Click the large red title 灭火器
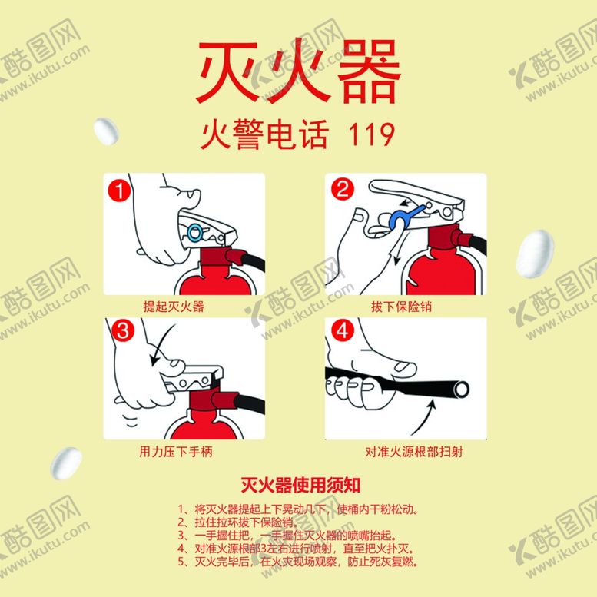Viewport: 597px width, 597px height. click(299, 73)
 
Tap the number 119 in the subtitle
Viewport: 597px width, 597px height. click(372, 135)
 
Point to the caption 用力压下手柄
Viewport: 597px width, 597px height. click(176, 452)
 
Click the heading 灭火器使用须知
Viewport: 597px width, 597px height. click(300, 486)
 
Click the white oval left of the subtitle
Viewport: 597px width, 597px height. click(106, 131)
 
